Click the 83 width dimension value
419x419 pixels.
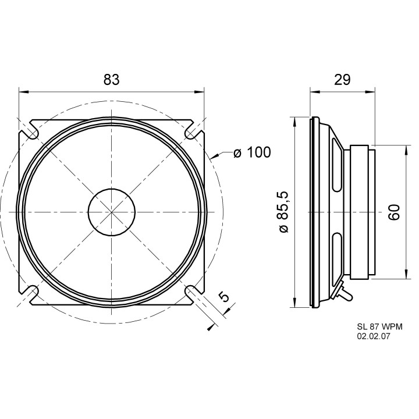click(111, 79)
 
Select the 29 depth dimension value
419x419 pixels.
click(342, 79)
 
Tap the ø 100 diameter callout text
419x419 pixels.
click(252, 152)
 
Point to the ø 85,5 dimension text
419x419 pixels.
click(283, 212)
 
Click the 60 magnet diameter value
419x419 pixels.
click(394, 212)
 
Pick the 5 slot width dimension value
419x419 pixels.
click(224, 297)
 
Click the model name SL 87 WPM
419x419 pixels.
click(379, 326)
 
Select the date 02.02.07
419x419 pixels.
click(373, 336)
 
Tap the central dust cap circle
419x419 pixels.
click(112, 212)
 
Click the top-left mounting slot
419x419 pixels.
click(31, 131)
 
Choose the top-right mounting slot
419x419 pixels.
click(193, 131)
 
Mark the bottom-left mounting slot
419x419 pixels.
click(31, 293)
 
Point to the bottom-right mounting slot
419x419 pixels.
click(193, 293)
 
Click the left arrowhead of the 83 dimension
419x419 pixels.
click(23, 92)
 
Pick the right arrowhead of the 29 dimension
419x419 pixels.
click(370, 92)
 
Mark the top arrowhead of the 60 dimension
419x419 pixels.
click(406, 150)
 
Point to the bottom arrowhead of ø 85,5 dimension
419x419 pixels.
click(294, 303)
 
